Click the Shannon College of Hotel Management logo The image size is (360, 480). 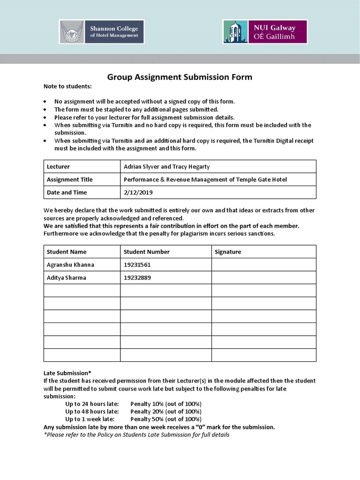102,31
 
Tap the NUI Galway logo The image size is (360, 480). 265,31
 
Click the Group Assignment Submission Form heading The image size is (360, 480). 180,77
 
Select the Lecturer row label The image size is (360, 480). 58,166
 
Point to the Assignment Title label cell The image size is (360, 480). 69,180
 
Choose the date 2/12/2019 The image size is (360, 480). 138,192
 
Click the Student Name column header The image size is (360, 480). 67,252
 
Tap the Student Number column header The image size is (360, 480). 146,252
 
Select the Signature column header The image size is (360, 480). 228,252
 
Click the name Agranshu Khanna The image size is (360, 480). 70,264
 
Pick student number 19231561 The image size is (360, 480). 137,264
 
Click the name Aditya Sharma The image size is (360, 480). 67,277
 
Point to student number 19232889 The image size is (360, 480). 137,277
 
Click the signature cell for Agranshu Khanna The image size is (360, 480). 263,264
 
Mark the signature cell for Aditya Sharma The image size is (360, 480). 263,277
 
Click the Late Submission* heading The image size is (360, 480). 67,373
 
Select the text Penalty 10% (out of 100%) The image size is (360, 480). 166,404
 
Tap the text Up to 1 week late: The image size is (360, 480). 90,419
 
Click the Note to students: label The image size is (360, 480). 67,86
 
